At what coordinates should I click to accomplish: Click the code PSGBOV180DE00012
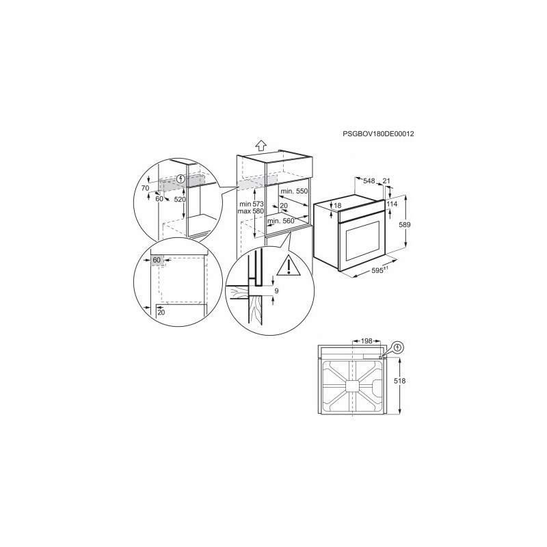tap(378, 133)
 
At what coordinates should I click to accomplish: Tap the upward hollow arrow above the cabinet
tap(261, 145)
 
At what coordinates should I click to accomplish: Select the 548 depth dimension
tap(369, 181)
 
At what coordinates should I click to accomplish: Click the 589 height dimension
tap(405, 225)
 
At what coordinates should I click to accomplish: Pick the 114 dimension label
tap(392, 204)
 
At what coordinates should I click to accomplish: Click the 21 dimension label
tap(386, 181)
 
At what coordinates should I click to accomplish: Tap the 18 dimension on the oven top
tap(337, 206)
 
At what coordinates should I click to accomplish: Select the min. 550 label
tap(294, 191)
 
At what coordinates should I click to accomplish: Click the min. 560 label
tap(281, 221)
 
